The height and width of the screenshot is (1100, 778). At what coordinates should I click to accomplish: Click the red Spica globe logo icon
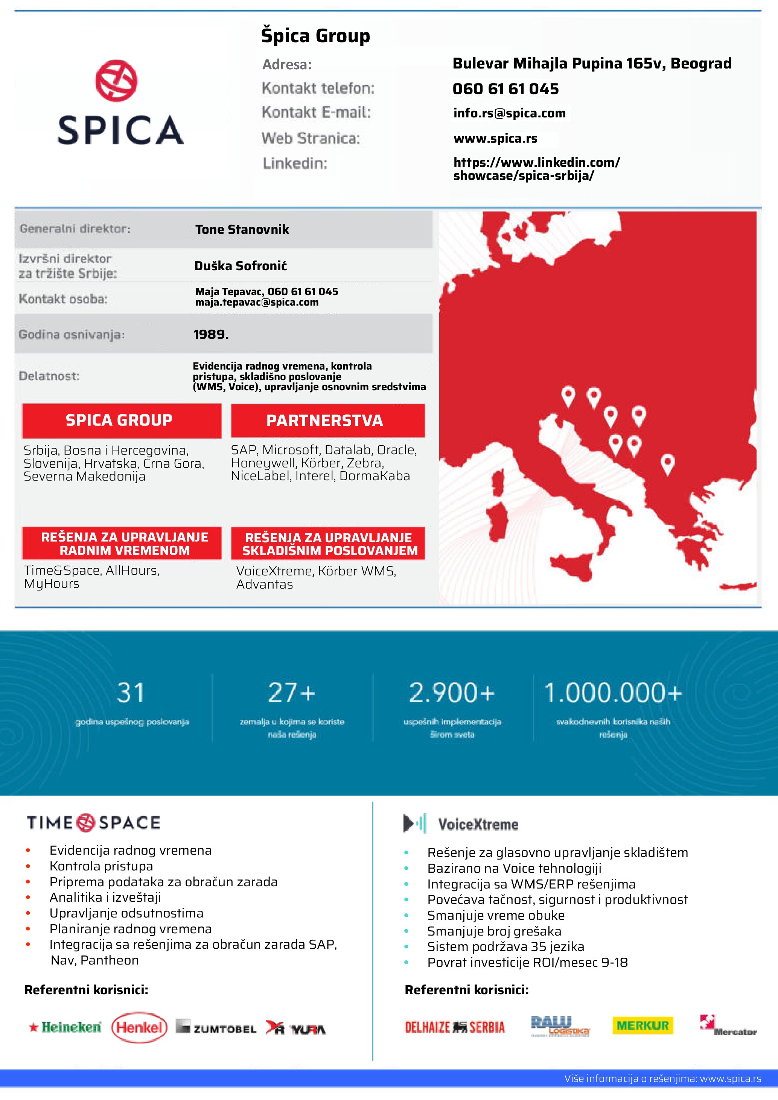116,81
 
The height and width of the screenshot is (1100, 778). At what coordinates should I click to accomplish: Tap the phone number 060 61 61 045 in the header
505,89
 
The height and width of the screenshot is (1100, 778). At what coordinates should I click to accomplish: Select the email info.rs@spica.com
509,113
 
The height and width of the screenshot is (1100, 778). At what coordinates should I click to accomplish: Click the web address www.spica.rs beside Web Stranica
495,138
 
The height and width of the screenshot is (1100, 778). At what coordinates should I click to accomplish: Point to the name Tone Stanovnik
242,230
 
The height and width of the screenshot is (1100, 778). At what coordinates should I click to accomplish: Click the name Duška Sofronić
241,266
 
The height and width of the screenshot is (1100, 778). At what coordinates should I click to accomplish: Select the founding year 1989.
211,335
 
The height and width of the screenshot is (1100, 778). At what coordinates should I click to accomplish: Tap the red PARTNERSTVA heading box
328,420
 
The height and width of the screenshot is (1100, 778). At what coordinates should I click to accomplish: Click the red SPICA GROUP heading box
122,420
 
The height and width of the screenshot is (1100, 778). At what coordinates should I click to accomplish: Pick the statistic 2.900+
452,692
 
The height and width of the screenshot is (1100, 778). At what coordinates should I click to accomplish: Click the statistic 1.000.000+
613,692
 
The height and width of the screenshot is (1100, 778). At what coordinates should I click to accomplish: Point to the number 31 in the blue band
131,692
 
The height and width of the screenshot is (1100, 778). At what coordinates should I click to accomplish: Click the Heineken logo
65,1027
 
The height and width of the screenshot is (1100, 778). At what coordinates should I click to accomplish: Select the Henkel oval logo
139,1027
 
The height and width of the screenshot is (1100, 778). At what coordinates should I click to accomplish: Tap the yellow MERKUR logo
642,1026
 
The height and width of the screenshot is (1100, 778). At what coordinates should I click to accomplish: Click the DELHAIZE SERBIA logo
455,1027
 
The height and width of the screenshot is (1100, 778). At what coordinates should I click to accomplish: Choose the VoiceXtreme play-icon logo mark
414,823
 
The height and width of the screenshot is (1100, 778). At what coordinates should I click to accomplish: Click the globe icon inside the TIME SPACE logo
86,823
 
